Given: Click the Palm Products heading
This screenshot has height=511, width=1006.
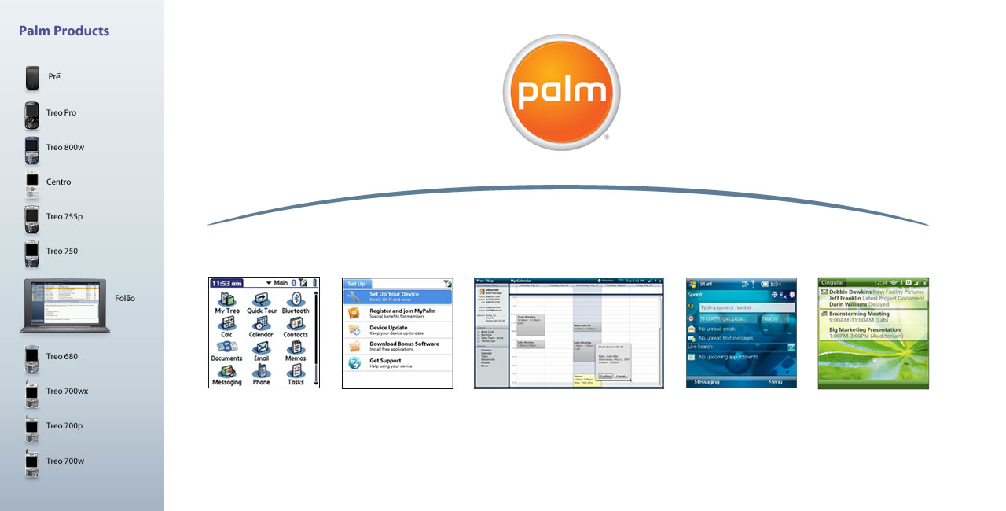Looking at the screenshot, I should (x=64, y=31).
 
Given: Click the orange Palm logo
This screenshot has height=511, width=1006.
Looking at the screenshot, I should (x=561, y=92).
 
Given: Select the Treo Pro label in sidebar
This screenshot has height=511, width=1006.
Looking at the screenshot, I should (x=61, y=113).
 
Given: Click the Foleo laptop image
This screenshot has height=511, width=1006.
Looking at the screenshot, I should (x=65, y=305).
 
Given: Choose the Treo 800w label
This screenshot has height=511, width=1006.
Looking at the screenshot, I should (x=64, y=148).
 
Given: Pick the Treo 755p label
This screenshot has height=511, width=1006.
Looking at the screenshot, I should (x=64, y=217).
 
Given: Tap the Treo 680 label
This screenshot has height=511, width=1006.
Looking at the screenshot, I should (x=61, y=357).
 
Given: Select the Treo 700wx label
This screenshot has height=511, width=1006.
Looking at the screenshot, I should (x=67, y=392).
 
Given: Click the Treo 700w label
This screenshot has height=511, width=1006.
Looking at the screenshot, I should (x=64, y=461).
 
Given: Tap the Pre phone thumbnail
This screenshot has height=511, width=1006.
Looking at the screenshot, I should (x=32, y=78).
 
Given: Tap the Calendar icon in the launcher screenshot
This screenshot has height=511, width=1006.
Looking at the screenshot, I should (x=261, y=324).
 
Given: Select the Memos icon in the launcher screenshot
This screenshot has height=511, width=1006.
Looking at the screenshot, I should (x=296, y=347).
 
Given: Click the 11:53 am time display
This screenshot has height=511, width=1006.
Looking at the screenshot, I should (x=227, y=283).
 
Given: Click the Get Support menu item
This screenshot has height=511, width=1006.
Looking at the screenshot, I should (x=385, y=363).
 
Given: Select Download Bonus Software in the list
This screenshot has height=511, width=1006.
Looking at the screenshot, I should (x=404, y=346).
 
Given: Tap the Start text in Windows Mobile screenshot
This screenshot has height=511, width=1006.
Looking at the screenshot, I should (x=707, y=284).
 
